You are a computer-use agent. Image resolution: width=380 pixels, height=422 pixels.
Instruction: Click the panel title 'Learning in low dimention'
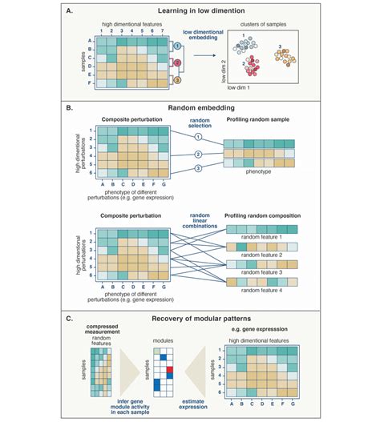(189, 12)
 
